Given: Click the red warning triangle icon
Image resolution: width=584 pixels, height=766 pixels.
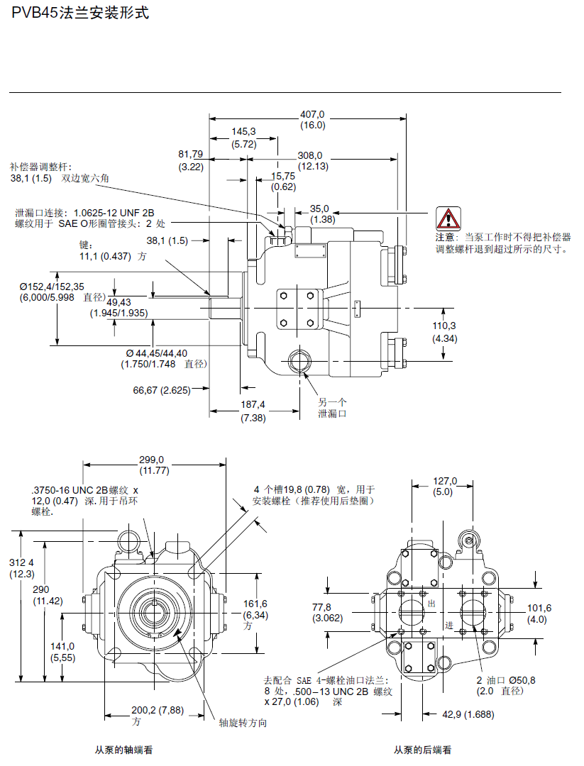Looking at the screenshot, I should pyautogui.click(x=448, y=218).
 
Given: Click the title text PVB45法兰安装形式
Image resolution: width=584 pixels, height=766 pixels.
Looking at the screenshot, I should pyautogui.click(x=80, y=13).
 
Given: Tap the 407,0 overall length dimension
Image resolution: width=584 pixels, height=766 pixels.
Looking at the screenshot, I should pyautogui.click(x=312, y=114).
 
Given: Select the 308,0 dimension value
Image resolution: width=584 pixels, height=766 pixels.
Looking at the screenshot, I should pyautogui.click(x=309, y=155).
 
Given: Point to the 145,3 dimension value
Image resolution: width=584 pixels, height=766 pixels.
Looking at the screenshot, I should pyautogui.click(x=243, y=131).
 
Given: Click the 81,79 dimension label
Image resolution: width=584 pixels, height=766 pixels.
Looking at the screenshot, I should pyautogui.click(x=190, y=154).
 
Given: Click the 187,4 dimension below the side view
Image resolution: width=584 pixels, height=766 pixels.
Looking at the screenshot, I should pyautogui.click(x=253, y=404).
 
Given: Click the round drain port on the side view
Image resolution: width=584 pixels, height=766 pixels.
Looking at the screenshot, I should pyautogui.click(x=299, y=361).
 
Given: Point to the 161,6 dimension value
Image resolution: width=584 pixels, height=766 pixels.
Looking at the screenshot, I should pyautogui.click(x=255, y=603).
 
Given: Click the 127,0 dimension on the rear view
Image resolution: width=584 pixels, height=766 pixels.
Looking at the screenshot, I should pyautogui.click(x=445, y=481).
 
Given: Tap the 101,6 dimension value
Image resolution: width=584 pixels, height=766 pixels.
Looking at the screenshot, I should pyautogui.click(x=539, y=608).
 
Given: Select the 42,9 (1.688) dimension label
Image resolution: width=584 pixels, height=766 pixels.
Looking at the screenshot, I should pyautogui.click(x=468, y=714).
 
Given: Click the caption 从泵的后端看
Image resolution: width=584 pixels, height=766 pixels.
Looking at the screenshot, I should pyautogui.click(x=422, y=750).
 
